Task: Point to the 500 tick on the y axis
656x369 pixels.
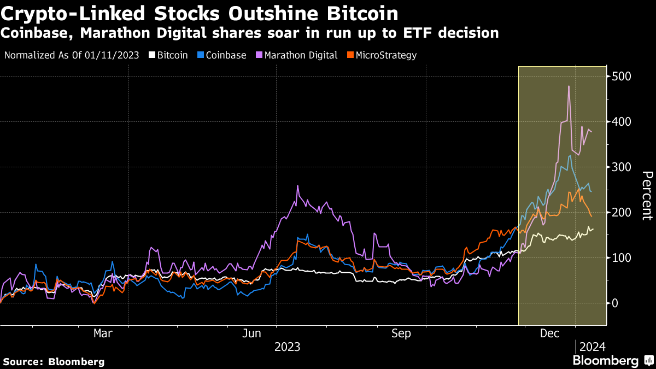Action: (622, 76)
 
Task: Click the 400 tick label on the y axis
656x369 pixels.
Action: (622, 121)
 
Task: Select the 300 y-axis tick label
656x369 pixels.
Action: (622, 167)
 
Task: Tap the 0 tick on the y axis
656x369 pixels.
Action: (616, 303)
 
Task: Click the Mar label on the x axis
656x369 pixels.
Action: (103, 332)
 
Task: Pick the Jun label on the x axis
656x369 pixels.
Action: (253, 332)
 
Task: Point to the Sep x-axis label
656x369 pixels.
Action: (402, 332)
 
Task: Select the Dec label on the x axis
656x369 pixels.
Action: (550, 332)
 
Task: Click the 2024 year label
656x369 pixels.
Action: (592, 347)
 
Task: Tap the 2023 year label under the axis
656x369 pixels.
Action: (287, 347)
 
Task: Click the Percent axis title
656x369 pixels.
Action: (647, 195)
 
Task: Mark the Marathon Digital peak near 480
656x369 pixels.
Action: (569, 86)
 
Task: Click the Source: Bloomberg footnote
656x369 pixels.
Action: (54, 361)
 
